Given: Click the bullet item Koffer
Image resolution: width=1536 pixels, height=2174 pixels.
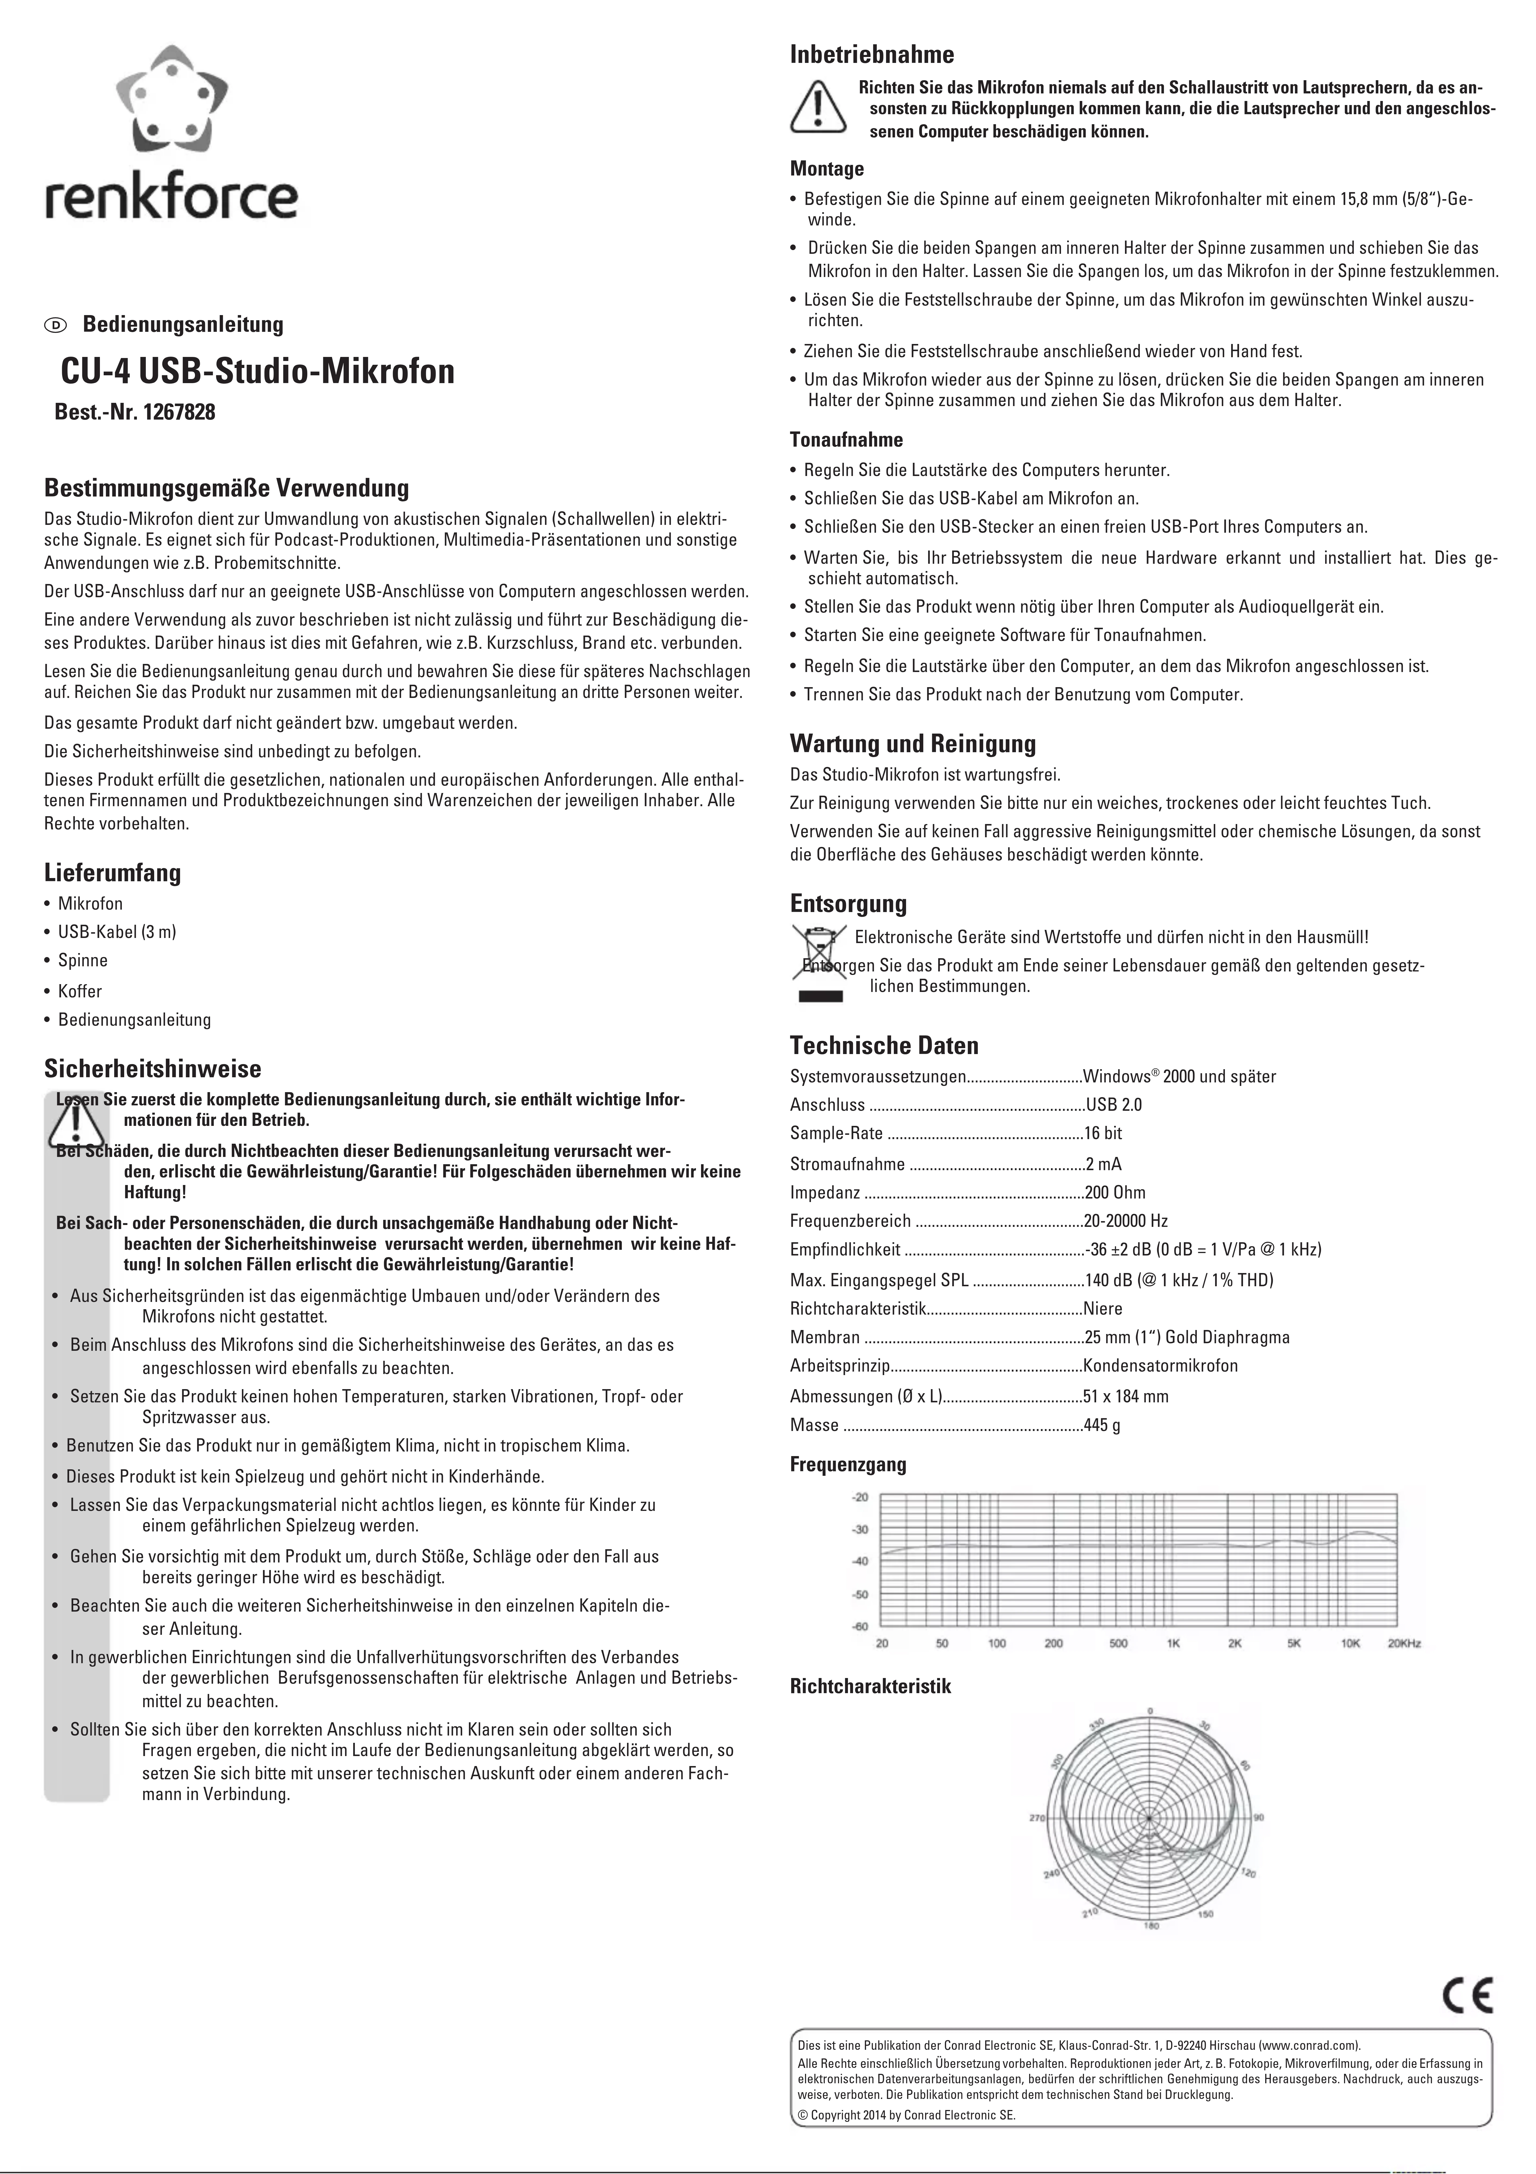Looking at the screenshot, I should [80, 991].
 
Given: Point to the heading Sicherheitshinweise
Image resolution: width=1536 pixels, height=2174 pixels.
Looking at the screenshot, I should [153, 1069].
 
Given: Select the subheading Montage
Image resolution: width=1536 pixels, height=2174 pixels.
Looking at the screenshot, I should [827, 170].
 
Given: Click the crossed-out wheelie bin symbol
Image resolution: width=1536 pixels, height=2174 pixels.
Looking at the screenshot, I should [816, 961].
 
